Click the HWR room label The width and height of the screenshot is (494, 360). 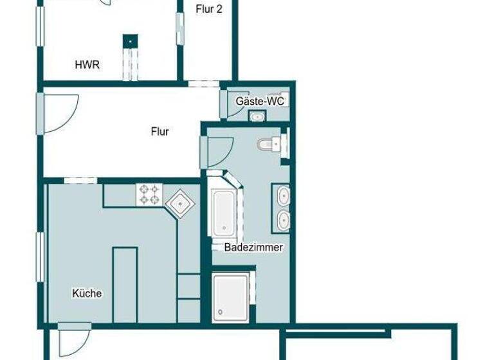87,64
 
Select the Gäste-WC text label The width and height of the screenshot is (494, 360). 260,102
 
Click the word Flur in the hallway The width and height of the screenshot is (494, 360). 160,132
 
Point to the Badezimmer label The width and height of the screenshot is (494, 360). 253,248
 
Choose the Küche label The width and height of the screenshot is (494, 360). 87,293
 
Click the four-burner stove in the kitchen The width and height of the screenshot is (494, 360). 149,194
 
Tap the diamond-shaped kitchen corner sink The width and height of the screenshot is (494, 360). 180,204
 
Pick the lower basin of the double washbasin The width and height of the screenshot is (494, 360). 282,221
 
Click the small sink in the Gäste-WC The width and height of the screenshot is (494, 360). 258,117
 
